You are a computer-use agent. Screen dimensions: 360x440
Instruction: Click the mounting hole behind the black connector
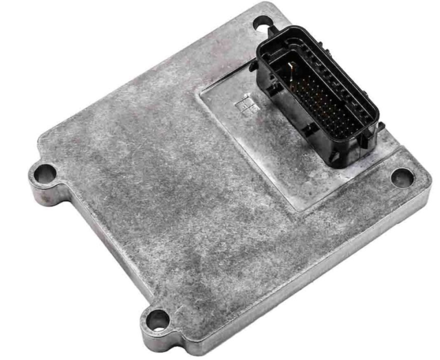click(262, 23)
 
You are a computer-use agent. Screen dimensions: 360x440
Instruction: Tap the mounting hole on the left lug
click(44, 172)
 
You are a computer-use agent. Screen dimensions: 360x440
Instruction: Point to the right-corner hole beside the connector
click(402, 177)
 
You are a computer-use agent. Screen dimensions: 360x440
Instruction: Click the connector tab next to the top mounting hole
click(274, 32)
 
